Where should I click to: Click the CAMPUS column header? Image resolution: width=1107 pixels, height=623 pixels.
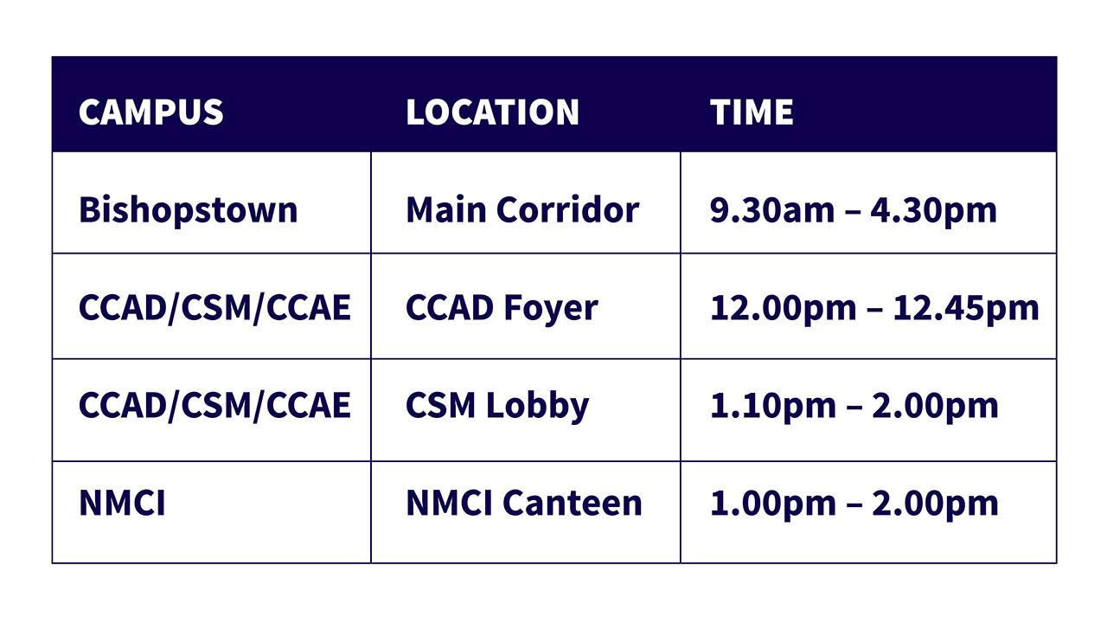(x=150, y=112)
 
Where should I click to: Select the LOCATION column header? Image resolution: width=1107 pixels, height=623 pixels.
(x=492, y=112)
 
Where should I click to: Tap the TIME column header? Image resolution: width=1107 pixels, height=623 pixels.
(x=752, y=112)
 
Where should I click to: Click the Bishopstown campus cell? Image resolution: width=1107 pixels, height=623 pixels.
(x=189, y=210)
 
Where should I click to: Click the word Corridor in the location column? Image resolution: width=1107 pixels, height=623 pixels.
(x=568, y=209)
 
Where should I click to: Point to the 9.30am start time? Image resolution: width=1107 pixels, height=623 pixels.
(x=772, y=210)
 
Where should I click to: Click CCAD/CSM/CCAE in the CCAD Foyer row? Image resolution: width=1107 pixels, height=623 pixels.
(x=214, y=307)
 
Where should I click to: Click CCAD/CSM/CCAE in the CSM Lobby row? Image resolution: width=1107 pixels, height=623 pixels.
(x=214, y=406)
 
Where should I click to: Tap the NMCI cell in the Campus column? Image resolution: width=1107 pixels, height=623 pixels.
(x=122, y=504)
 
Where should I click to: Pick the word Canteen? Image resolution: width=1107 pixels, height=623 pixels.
(x=573, y=504)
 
